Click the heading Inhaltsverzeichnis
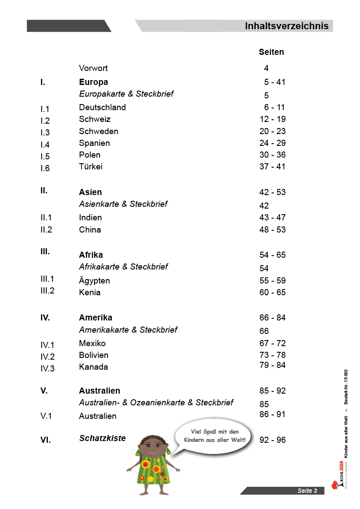pos(286,26)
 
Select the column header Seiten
pos(271,52)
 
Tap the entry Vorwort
pos(93,68)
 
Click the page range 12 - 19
pos(273,119)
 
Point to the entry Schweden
pos(98,131)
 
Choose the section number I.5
pos(45,157)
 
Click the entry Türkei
pos(91,167)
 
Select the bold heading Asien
pos(90,192)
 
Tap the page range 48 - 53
pos(273,230)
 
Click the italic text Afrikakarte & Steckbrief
pos(123,267)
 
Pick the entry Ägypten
pos(94,281)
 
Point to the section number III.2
pos(47,291)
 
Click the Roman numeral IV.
pos(45,318)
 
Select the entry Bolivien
pos(94,355)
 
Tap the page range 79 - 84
pos(273,365)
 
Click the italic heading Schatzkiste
pos(102,438)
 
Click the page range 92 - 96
pos(273,440)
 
